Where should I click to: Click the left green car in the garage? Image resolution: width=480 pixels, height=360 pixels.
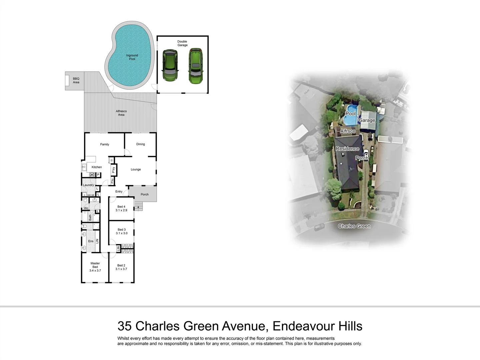click(x=170, y=65)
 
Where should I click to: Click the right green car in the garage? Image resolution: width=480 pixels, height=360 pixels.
click(x=195, y=66)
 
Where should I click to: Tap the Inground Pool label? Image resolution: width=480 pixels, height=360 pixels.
click(x=132, y=57)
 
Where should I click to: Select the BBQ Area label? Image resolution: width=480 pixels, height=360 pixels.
click(x=76, y=80)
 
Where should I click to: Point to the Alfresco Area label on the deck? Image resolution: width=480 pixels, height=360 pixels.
click(x=121, y=113)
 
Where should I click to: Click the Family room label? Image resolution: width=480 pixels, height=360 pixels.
click(x=105, y=144)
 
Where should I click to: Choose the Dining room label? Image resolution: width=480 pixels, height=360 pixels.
click(x=140, y=144)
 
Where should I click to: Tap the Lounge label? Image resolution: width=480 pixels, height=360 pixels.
click(x=136, y=169)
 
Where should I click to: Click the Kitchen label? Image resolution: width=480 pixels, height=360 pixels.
click(x=97, y=167)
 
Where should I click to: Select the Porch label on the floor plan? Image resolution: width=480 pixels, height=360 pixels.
click(x=145, y=194)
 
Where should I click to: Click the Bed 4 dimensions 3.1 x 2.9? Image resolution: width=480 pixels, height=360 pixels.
click(x=121, y=210)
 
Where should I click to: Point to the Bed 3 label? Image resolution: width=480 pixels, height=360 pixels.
click(x=122, y=230)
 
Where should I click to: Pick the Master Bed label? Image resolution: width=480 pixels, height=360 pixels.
click(x=95, y=265)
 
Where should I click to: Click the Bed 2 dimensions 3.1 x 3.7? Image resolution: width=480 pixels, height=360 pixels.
click(x=121, y=269)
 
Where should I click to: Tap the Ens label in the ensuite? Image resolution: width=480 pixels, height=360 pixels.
click(x=91, y=241)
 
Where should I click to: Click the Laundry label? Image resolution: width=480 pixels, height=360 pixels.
click(x=88, y=185)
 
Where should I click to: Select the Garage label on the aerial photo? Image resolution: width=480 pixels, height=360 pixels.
click(x=367, y=120)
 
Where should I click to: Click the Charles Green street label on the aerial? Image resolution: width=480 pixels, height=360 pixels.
click(x=354, y=226)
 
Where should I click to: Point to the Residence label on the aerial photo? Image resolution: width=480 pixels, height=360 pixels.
click(x=347, y=149)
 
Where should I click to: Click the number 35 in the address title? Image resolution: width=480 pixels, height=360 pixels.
click(x=125, y=326)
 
